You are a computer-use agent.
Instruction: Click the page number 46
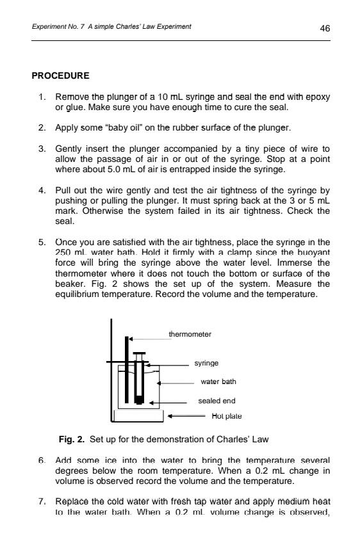pyautogui.click(x=325, y=28)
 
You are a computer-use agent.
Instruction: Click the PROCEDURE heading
pyautogui.click(x=61, y=76)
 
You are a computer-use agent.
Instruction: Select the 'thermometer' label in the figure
pyautogui.click(x=190, y=334)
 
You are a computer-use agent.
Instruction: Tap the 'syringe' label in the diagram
pyautogui.click(x=207, y=363)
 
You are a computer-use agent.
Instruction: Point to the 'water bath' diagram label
pyautogui.click(x=218, y=382)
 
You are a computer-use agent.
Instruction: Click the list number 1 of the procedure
pyautogui.click(x=40, y=97)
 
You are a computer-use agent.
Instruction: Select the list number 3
pyautogui.click(x=40, y=149)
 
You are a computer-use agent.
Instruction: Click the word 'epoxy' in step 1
pyautogui.click(x=318, y=97)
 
